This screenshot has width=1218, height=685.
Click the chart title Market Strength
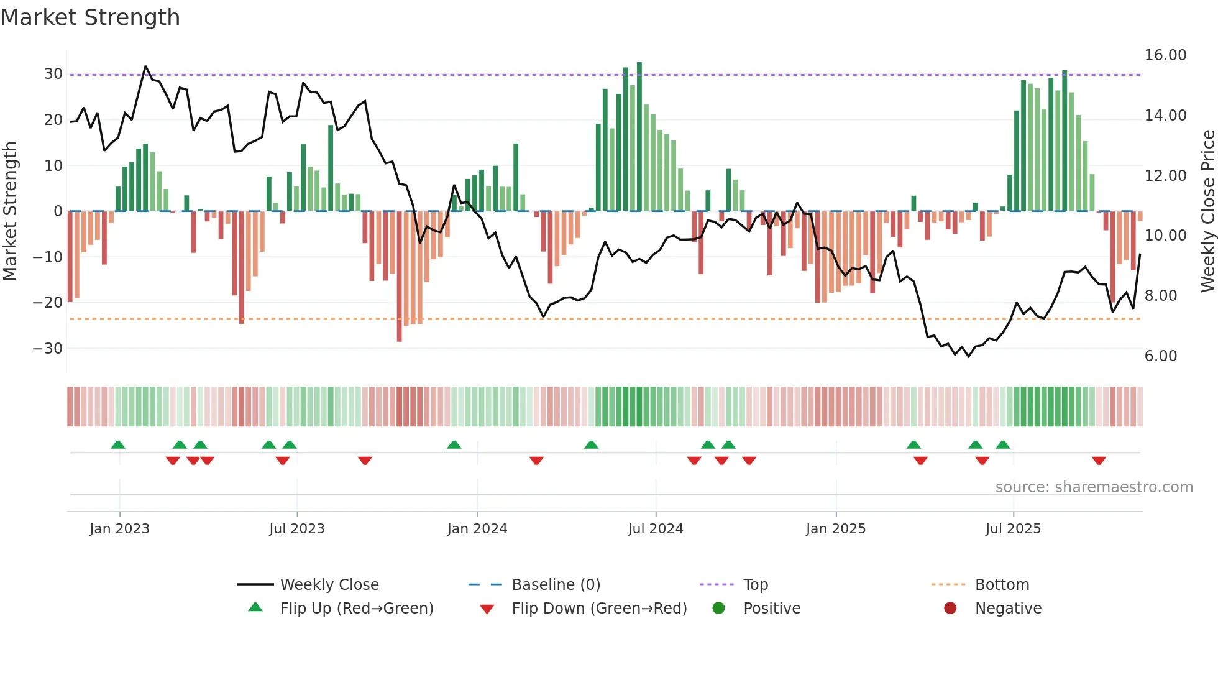coord(90,17)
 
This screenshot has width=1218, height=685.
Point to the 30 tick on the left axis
coord(53,74)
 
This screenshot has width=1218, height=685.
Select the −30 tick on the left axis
coord(48,349)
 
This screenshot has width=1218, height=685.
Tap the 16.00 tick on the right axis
coord(1165,55)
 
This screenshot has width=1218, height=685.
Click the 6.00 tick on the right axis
coord(1160,356)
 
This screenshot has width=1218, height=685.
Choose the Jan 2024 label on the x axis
coord(477,529)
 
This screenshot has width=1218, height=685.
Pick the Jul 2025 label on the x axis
coord(1012,529)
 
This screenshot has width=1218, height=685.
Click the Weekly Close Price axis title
coord(1207,211)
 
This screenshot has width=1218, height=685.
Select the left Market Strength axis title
coord(10,211)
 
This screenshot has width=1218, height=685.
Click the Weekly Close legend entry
coord(329,585)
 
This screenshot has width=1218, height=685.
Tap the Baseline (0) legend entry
coord(556,585)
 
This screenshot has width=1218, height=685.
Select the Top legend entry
coord(755,585)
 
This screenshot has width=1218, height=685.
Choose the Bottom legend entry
coord(1002,585)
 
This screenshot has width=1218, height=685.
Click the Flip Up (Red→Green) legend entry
coord(356,609)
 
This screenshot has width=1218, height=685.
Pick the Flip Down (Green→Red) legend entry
coord(599,609)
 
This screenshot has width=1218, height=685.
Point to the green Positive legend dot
coord(718,609)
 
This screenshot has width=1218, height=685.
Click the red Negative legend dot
coord(950,609)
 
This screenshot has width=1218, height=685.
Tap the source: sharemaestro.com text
coord(1094,487)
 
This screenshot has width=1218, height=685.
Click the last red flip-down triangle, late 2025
coord(1098,461)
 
